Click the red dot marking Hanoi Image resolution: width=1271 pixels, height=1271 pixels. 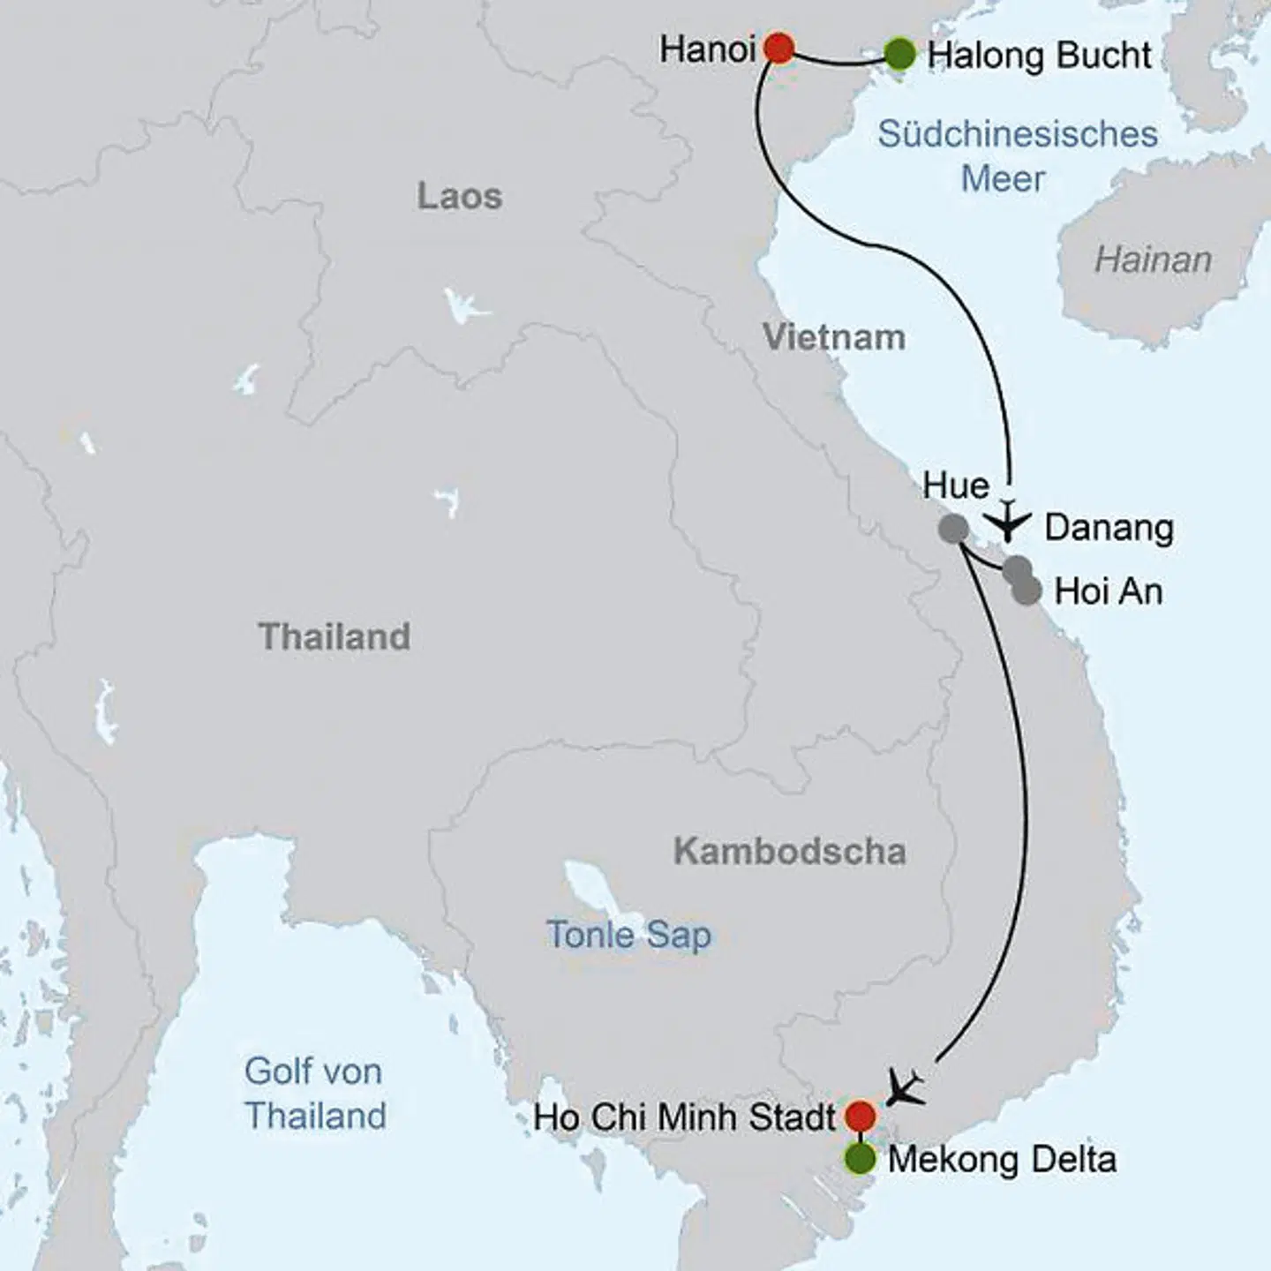(778, 48)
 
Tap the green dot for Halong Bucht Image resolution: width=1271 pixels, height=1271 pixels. (899, 55)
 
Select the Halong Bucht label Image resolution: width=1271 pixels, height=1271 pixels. (1039, 56)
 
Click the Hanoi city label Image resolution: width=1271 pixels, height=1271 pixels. (707, 49)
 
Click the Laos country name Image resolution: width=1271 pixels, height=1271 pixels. (459, 196)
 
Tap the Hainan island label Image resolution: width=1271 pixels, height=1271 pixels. (1153, 259)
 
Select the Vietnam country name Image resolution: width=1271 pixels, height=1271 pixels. (834, 337)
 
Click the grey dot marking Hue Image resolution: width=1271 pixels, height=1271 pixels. (953, 529)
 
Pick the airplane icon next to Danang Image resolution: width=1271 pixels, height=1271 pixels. (1007, 520)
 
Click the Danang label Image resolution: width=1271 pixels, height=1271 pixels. (1109, 528)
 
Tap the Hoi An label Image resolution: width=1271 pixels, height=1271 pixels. (1108, 591)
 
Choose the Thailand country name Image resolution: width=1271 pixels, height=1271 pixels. (334, 636)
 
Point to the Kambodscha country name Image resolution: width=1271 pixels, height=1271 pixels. (789, 851)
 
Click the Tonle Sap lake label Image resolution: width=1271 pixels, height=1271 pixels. (628, 934)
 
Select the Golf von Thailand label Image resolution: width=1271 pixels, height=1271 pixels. (315, 1093)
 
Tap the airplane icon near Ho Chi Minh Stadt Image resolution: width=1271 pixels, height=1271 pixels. (905, 1087)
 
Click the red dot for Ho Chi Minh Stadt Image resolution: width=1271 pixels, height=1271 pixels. (860, 1116)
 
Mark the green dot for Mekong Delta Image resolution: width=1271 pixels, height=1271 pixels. (860, 1159)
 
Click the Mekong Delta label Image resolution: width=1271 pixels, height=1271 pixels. (1002, 1159)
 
